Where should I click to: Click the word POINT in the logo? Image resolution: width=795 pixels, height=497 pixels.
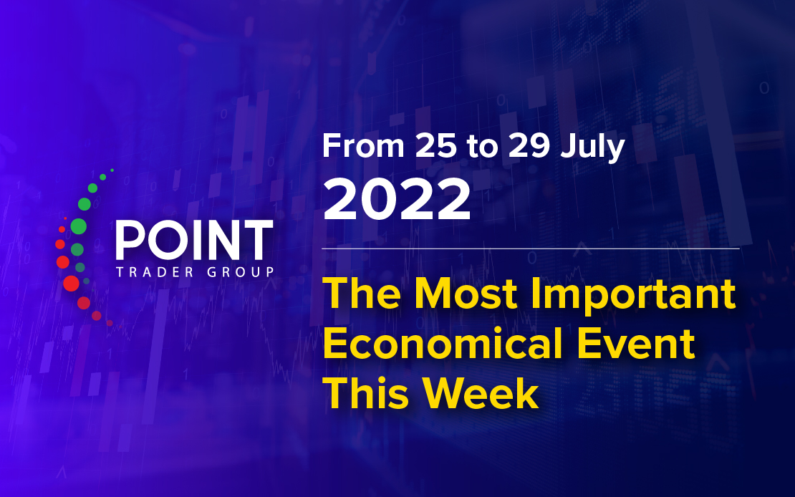(194, 240)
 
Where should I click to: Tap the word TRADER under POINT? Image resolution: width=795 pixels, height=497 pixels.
(155, 272)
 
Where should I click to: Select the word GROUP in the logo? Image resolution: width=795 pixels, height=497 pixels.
(241, 272)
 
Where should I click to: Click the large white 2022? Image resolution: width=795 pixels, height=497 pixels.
(397, 200)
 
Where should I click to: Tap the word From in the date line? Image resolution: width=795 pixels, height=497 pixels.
(363, 146)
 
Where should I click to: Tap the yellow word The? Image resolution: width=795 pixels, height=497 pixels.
(362, 294)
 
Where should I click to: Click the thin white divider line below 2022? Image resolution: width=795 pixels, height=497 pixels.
(530, 249)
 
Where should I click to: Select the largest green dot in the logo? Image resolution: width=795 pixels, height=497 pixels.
(78, 226)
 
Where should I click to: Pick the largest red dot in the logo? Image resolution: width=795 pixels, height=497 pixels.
(71, 284)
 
